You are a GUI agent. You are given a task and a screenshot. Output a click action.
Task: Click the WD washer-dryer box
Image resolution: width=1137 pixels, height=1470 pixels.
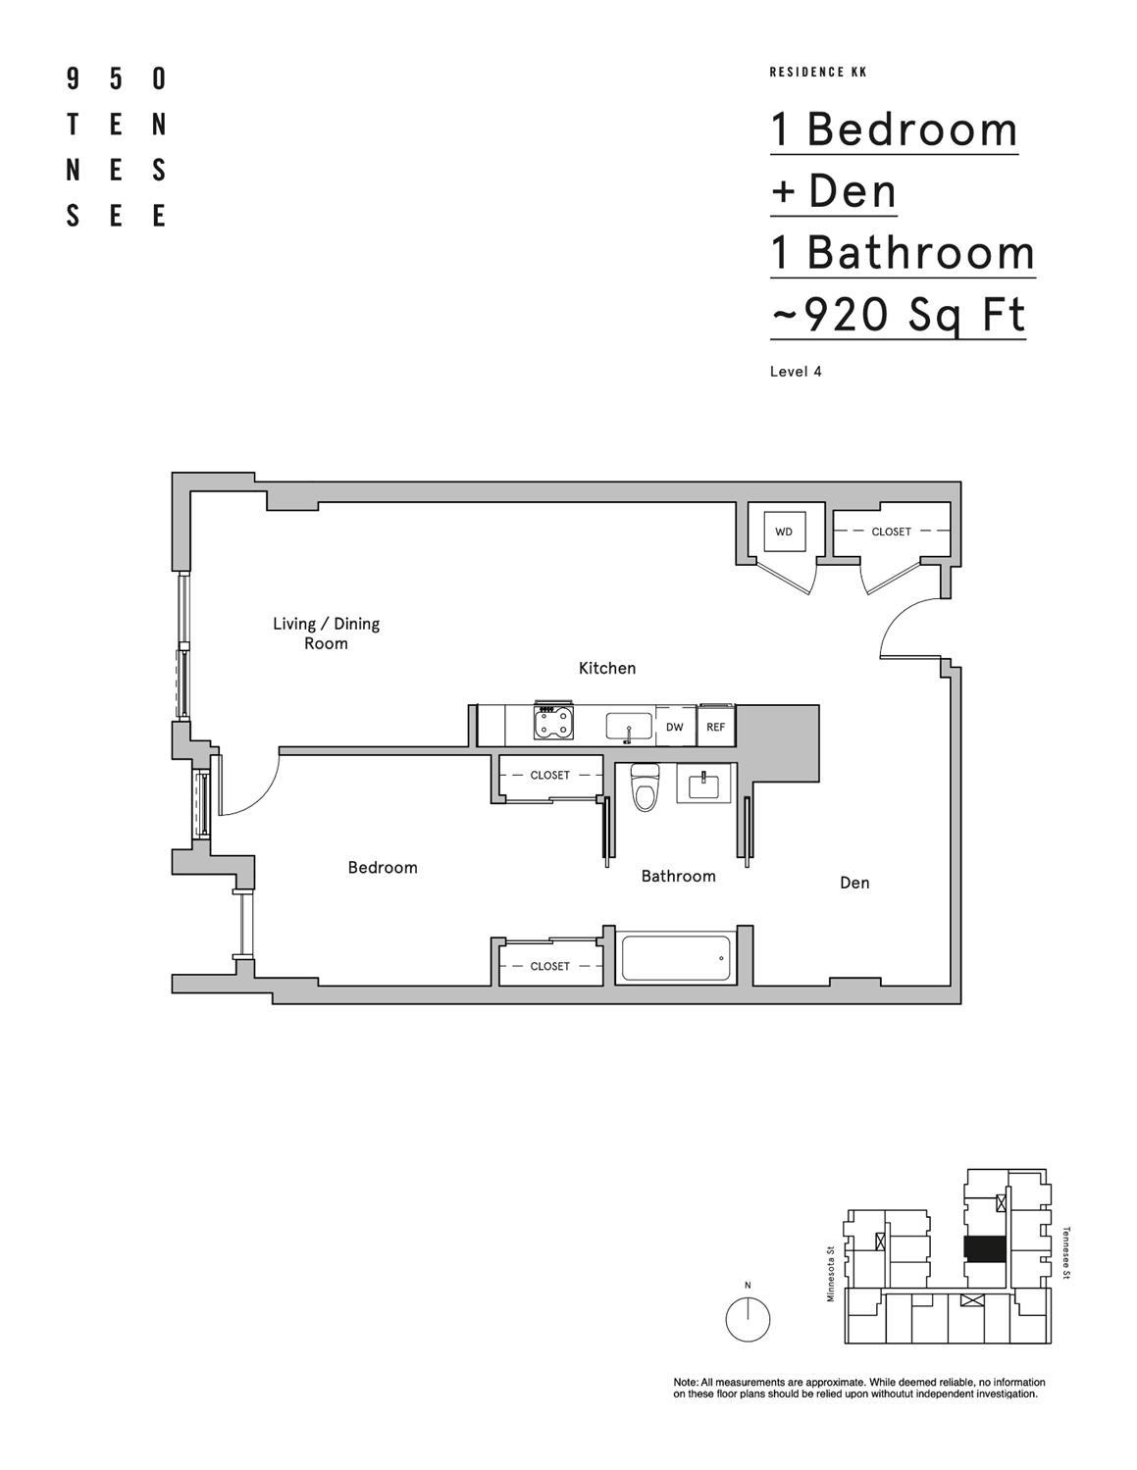[x=784, y=532]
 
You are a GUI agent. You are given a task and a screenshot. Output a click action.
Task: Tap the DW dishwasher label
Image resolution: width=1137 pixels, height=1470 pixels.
[x=674, y=728]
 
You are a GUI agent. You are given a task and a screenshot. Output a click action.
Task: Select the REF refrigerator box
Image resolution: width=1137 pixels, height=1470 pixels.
[x=715, y=728]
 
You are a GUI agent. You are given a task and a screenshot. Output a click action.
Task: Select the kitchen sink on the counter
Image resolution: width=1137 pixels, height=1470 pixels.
[x=629, y=728]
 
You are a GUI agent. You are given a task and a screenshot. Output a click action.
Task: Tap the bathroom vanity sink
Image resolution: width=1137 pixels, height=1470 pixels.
[x=704, y=786]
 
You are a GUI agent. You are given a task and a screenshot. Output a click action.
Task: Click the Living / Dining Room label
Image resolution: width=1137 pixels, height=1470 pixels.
[x=326, y=634]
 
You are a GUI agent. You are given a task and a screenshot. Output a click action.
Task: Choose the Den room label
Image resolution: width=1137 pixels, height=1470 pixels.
[x=854, y=883]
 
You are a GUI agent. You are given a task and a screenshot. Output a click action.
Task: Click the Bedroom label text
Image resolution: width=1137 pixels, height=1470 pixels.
[x=383, y=868]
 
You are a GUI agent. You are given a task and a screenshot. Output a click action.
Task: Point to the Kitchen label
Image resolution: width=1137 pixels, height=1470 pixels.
[x=607, y=668]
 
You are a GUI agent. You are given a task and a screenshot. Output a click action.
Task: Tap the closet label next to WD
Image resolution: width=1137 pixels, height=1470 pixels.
[x=891, y=532]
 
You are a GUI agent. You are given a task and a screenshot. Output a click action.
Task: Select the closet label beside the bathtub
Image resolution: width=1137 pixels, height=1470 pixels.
[x=549, y=966]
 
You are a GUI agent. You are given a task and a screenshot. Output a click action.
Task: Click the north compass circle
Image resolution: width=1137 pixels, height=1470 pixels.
[x=748, y=1319]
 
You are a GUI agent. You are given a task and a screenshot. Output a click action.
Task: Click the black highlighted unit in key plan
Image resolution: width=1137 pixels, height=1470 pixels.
[x=985, y=1248]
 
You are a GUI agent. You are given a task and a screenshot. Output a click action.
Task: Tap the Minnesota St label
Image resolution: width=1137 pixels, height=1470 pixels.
[x=830, y=1273]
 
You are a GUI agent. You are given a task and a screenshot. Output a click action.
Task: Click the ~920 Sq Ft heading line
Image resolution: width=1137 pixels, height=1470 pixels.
[x=898, y=316]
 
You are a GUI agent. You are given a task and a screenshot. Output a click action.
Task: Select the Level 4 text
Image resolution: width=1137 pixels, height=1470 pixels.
[x=796, y=372]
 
